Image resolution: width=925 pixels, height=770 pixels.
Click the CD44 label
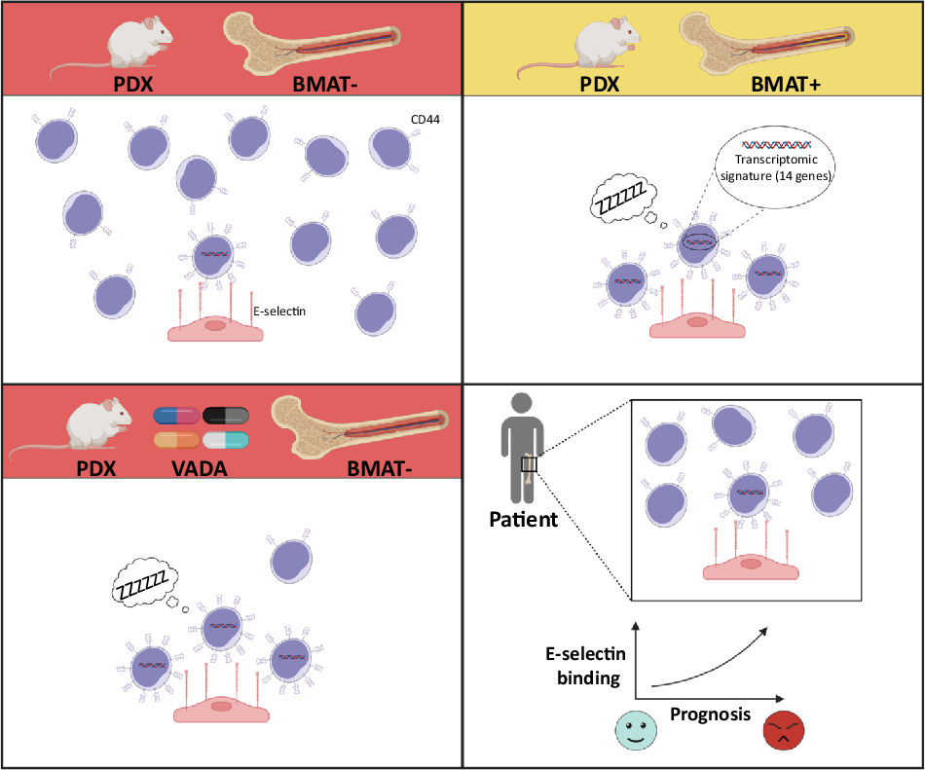(425, 119)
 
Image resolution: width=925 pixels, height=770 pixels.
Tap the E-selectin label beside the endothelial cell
(279, 312)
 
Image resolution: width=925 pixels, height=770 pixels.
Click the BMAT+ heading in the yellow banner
(785, 85)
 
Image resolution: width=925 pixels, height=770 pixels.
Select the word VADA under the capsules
(200, 469)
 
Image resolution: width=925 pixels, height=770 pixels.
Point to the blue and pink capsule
(176, 416)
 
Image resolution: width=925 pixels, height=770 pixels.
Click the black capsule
(225, 416)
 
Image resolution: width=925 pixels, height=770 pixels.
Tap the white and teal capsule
(225, 440)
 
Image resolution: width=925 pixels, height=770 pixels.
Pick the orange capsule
(176, 440)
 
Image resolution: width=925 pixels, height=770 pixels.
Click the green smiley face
(636, 730)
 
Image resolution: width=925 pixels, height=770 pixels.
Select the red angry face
(784, 730)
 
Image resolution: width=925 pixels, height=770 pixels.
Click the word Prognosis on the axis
(710, 715)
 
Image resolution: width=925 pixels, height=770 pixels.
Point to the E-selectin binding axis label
(586, 666)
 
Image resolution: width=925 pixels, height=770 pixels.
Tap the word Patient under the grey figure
(523, 520)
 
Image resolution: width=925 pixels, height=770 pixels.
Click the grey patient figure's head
(522, 403)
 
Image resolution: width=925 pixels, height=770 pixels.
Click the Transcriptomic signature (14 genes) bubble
(775, 166)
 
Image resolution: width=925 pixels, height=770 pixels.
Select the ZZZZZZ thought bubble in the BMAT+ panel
(623, 199)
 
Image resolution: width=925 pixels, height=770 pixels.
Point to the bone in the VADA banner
(360, 429)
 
